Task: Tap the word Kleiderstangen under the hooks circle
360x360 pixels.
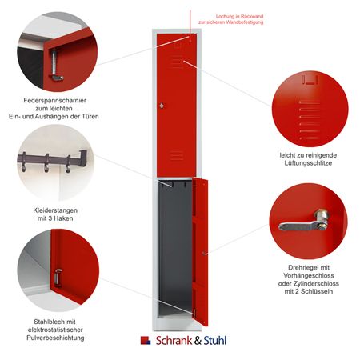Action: click(x=56, y=210)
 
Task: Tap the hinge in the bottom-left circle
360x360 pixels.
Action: click(x=58, y=278)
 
